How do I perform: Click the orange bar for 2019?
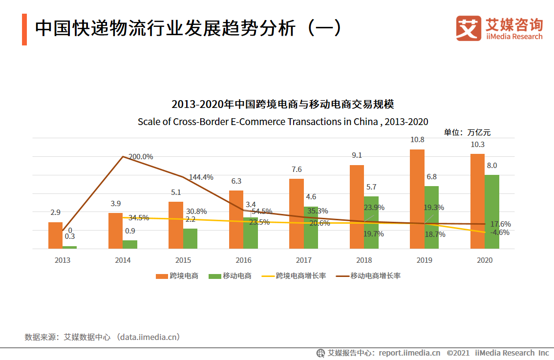(417, 199)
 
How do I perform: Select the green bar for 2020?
(491, 212)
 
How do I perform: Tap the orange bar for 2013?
(55, 235)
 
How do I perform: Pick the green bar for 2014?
(130, 244)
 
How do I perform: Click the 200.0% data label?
(141, 157)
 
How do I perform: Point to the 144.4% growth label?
(201, 177)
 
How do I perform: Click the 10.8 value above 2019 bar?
(417, 140)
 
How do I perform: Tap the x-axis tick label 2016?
(243, 260)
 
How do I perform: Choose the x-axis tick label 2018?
(364, 260)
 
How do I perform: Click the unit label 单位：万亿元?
(467, 132)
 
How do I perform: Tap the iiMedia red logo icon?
(469, 28)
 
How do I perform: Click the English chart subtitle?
(283, 122)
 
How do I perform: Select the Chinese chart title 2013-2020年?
(283, 104)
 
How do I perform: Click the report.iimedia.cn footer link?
(409, 353)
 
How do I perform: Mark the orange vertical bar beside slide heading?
(24, 30)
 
